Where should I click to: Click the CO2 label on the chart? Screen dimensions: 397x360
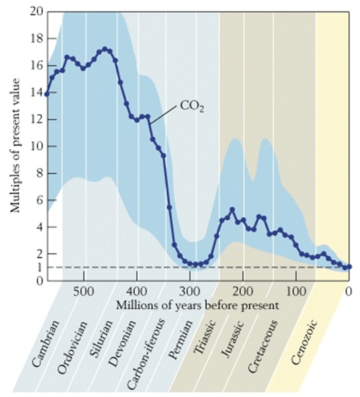191,106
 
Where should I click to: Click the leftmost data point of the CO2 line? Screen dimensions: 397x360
47,94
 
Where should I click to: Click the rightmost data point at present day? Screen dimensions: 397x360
349,267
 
